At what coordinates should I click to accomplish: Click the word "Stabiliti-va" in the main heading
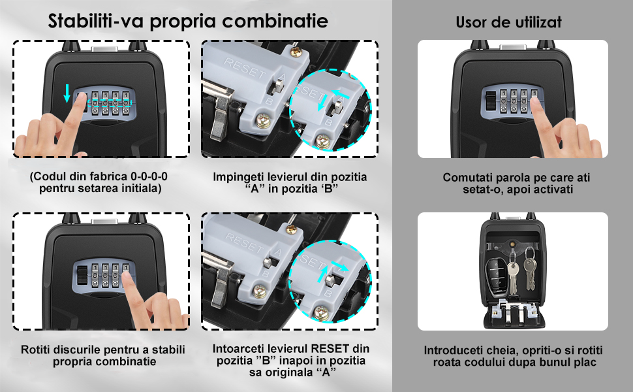96,21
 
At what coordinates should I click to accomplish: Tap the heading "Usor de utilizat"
508,22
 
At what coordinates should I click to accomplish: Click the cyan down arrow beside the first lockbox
67,93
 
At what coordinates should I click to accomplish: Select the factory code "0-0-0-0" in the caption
149,176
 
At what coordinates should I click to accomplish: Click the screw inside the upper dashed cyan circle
323,141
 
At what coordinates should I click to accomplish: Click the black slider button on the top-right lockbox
491,101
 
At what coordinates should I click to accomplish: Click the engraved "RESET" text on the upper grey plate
244,68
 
